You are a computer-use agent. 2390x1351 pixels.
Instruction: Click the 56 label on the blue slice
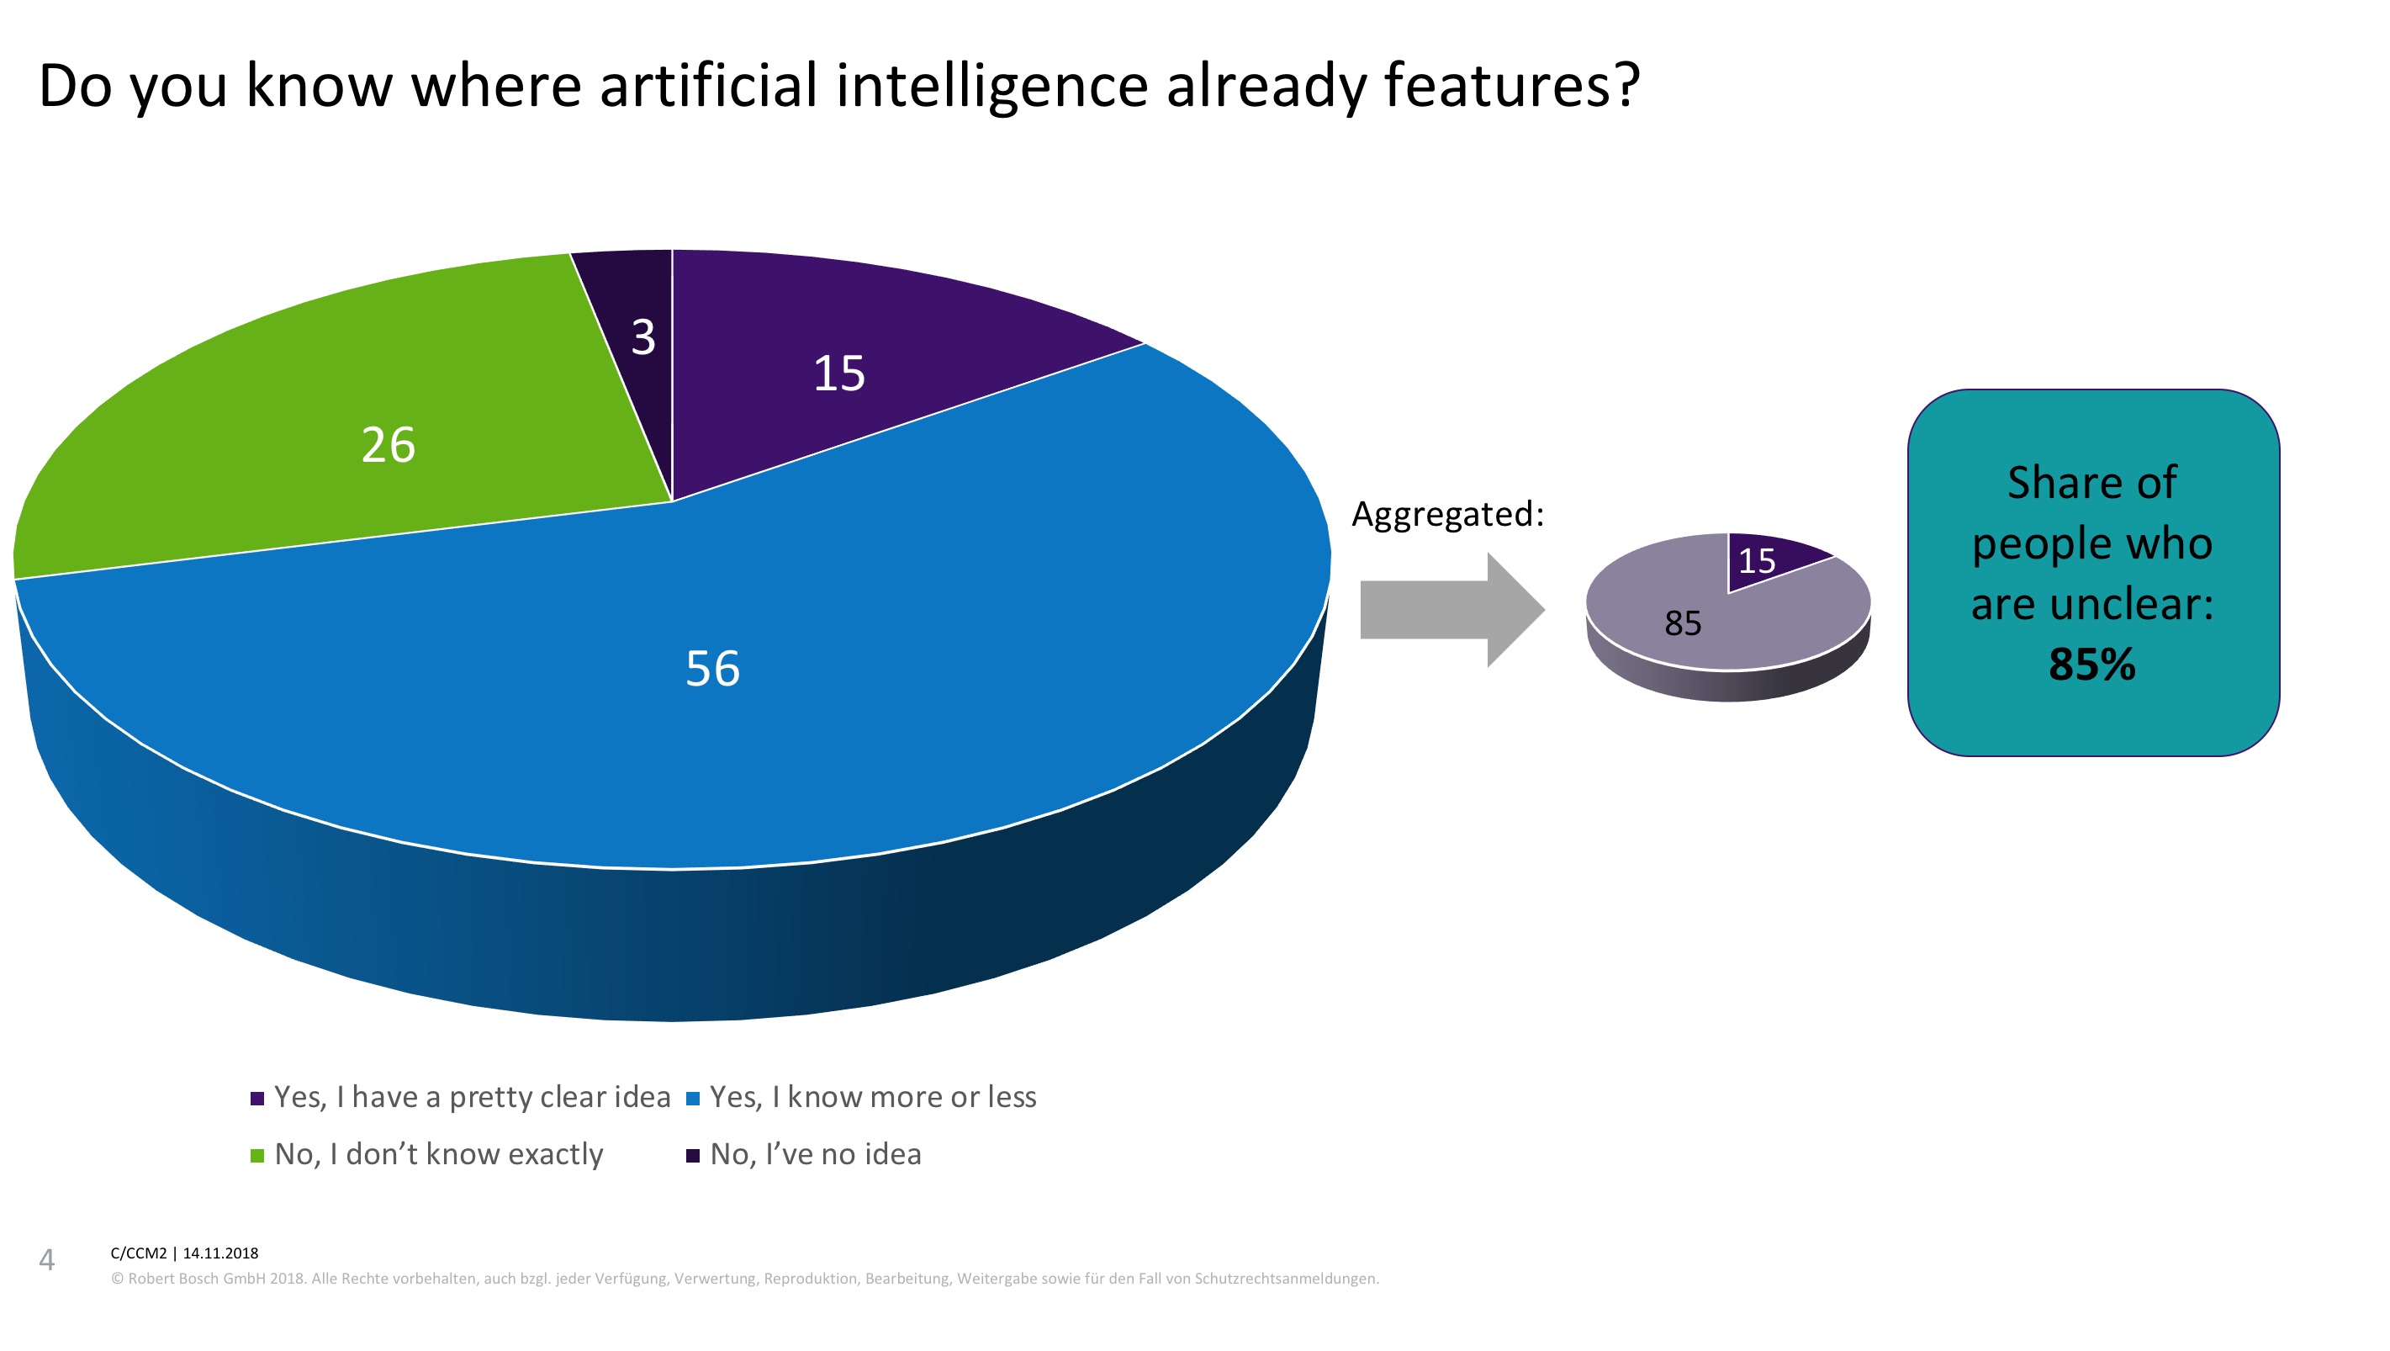(712, 669)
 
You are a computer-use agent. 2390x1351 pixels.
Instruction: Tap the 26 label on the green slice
(388, 445)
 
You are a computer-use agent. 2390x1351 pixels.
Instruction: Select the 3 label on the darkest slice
(643, 338)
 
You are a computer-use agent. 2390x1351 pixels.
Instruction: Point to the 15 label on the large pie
(838, 374)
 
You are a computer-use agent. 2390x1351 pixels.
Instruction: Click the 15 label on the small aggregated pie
(1756, 561)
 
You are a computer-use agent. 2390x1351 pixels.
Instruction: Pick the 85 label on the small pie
(1682, 623)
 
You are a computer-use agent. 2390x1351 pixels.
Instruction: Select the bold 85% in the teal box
(2092, 665)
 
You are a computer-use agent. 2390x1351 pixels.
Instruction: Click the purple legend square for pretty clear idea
(258, 1099)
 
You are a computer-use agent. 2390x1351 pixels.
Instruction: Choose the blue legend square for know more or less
(692, 1099)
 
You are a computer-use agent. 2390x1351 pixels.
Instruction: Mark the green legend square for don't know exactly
(258, 1155)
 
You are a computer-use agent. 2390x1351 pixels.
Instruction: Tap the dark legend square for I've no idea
(692, 1155)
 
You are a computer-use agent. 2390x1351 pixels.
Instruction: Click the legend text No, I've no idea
(816, 1154)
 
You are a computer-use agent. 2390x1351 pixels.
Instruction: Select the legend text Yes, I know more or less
(872, 1098)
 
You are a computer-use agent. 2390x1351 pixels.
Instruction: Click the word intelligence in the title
(991, 87)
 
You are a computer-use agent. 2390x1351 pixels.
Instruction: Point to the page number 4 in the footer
(46, 1260)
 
